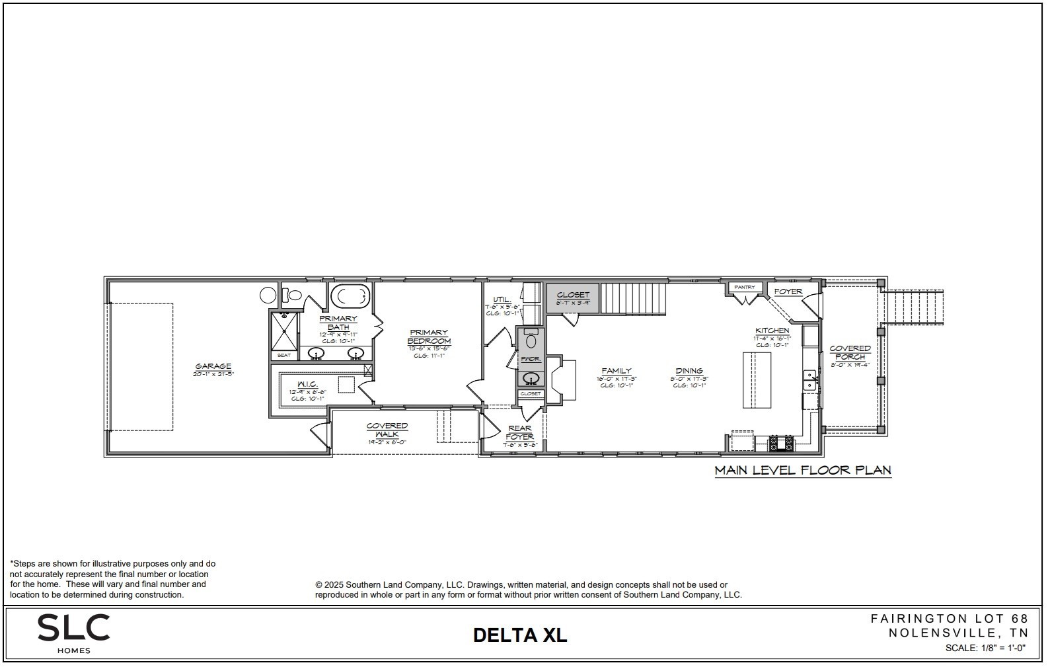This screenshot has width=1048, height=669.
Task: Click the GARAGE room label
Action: coord(213,366)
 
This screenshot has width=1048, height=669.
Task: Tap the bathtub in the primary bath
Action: coord(350,297)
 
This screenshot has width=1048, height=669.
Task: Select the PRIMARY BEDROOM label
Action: coord(429,336)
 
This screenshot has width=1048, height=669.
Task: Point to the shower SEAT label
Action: coord(284,356)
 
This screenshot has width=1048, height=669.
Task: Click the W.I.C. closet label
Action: coord(308,384)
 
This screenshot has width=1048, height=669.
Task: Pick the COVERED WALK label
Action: coord(387,430)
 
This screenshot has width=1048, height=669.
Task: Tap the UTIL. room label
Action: coord(502,299)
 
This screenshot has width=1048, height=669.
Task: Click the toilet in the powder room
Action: coord(531,341)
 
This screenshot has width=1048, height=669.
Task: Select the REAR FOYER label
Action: coord(520,432)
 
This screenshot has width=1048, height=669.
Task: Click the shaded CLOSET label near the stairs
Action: coord(573,295)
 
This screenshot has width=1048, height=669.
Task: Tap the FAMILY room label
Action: coord(617,371)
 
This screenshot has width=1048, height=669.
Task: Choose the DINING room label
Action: coord(689,371)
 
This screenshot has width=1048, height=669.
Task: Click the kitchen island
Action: coord(757,380)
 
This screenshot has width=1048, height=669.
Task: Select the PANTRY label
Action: coord(745,287)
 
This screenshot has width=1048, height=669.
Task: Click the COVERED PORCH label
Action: coord(850,352)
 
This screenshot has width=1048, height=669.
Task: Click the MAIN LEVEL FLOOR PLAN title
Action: coord(803,471)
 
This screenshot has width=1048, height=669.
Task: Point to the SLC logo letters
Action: coord(73,627)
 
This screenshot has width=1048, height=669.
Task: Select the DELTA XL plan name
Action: coord(520,635)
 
